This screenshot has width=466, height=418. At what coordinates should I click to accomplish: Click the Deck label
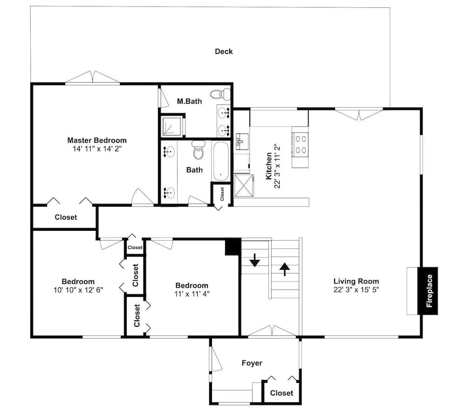click(x=224, y=51)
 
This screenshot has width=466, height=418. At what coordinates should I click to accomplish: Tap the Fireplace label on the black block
click(x=429, y=291)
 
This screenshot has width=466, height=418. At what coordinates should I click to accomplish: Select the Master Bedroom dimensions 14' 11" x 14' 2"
click(x=97, y=149)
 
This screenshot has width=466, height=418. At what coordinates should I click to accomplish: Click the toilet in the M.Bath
click(x=220, y=94)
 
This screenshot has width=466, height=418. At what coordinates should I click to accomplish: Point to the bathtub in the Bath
click(x=221, y=161)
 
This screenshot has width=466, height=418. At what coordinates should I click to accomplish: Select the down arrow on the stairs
click(x=255, y=260)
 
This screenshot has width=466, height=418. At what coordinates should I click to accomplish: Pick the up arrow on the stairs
click(x=285, y=269)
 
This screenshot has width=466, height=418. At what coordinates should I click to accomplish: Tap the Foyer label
click(x=252, y=363)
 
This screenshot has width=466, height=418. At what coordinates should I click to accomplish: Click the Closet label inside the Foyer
click(x=281, y=393)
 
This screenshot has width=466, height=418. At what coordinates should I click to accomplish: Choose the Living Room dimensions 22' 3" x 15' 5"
click(x=356, y=290)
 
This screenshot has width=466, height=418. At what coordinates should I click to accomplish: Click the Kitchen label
click(x=269, y=166)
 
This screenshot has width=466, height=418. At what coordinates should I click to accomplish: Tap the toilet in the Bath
click(x=199, y=150)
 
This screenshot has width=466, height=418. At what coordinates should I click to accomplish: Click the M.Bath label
click(x=189, y=101)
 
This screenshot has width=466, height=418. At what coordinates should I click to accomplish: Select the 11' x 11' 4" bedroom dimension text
click(x=192, y=294)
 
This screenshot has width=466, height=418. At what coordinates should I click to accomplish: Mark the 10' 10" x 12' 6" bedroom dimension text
click(x=78, y=290)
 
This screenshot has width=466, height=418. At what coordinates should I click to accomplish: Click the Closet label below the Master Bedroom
click(x=66, y=217)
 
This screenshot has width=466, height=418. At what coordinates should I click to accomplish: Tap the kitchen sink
click(x=242, y=142)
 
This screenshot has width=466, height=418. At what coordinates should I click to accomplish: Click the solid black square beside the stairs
click(x=233, y=247)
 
